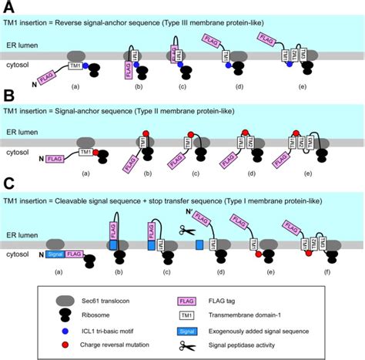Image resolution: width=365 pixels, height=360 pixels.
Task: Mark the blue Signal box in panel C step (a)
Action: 55,252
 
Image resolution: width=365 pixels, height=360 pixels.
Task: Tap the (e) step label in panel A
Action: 300,86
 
